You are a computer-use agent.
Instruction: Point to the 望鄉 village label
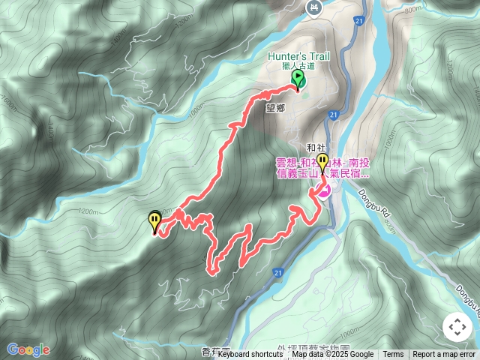coord(276,107)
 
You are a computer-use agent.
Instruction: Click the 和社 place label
coord(316,148)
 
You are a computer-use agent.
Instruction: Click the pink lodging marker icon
coord(324,192)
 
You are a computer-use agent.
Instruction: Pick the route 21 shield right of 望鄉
coord(334,113)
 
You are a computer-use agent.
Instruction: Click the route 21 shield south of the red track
coord(278,271)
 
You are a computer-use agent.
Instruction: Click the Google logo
coord(28,349)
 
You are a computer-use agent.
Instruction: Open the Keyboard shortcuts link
coord(250,355)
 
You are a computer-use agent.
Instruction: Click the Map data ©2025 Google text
coord(332,355)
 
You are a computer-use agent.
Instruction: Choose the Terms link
coord(393,355)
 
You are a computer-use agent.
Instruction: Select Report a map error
coord(444,355)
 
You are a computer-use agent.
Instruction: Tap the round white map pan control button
coord(457,327)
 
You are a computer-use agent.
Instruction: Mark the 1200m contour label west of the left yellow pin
coord(86,211)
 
